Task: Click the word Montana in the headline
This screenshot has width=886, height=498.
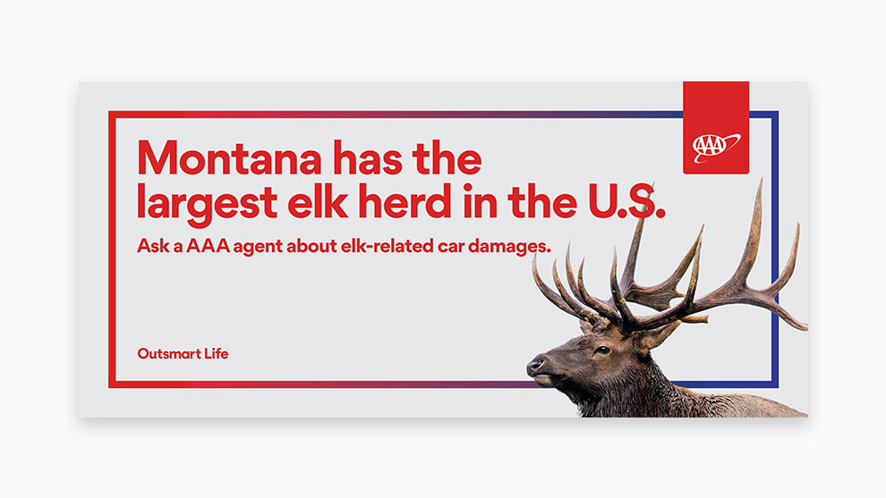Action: tap(229, 158)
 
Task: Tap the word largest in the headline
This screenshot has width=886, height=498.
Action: tap(207, 203)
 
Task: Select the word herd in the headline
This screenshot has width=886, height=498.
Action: tap(405, 200)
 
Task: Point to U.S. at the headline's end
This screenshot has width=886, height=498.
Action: tap(626, 201)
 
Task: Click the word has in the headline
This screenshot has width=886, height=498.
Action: tap(367, 158)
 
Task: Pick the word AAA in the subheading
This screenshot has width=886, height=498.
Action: tap(208, 246)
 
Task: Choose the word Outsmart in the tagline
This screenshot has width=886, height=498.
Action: tap(169, 354)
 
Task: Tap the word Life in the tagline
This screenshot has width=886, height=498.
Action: tap(217, 353)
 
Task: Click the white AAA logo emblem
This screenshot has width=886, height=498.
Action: tap(716, 148)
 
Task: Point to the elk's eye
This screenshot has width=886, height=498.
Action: tap(603, 350)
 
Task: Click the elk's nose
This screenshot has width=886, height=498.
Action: tap(534, 365)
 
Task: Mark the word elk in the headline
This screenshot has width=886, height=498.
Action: tap(318, 200)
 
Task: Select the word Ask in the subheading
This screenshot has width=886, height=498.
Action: tap(153, 246)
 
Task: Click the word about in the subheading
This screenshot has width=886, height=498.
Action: tap(311, 246)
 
